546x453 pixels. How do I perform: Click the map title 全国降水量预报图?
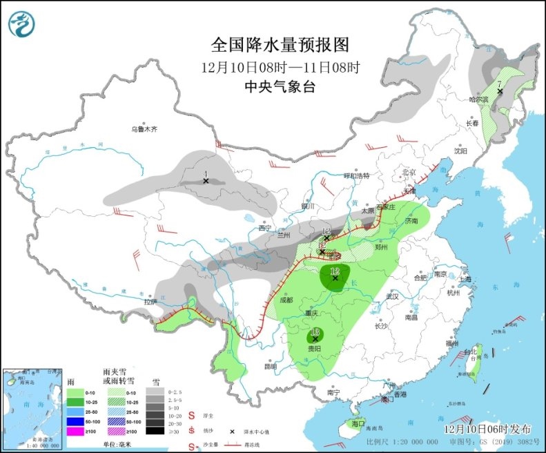[x=280, y=45]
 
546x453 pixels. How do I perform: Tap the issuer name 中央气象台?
[x=280, y=87]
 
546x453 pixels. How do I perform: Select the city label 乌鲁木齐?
[x=144, y=129]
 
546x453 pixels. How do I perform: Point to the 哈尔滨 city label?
[x=478, y=100]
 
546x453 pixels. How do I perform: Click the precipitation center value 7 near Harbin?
[x=498, y=84]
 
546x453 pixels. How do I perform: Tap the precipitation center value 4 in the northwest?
[x=205, y=173]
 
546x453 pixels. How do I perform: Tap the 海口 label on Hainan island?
[x=357, y=423]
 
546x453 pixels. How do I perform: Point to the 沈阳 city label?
[x=460, y=150]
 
